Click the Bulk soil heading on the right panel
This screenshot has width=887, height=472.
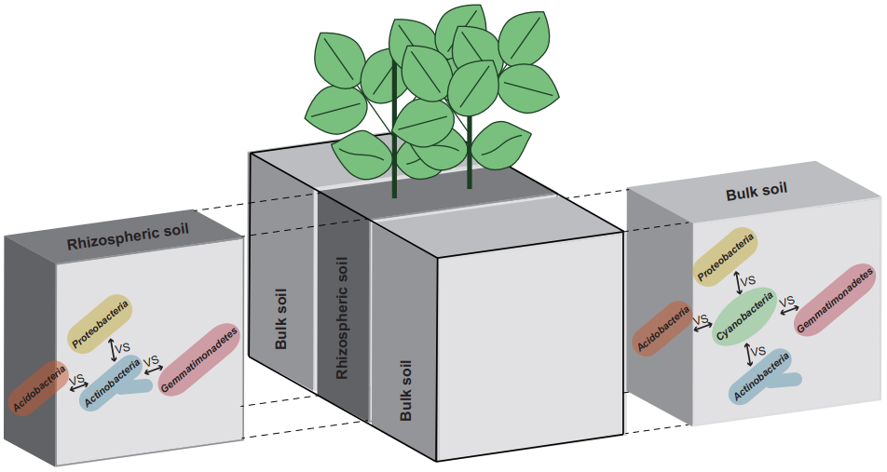click(756, 189)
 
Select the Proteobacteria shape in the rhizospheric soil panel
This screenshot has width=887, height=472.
click(99, 323)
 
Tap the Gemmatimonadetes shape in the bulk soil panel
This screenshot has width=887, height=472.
click(836, 301)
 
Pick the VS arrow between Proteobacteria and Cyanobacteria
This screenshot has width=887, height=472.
click(743, 280)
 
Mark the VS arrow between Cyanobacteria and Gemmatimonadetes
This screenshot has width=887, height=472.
click(788, 303)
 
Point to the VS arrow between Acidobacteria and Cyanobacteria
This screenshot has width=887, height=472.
click(702, 322)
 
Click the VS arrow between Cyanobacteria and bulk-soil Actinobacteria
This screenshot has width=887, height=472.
click(752, 351)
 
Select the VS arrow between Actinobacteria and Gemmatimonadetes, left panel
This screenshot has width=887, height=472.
click(151, 362)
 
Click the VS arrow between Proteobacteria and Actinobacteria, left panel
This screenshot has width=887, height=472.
click(116, 349)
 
